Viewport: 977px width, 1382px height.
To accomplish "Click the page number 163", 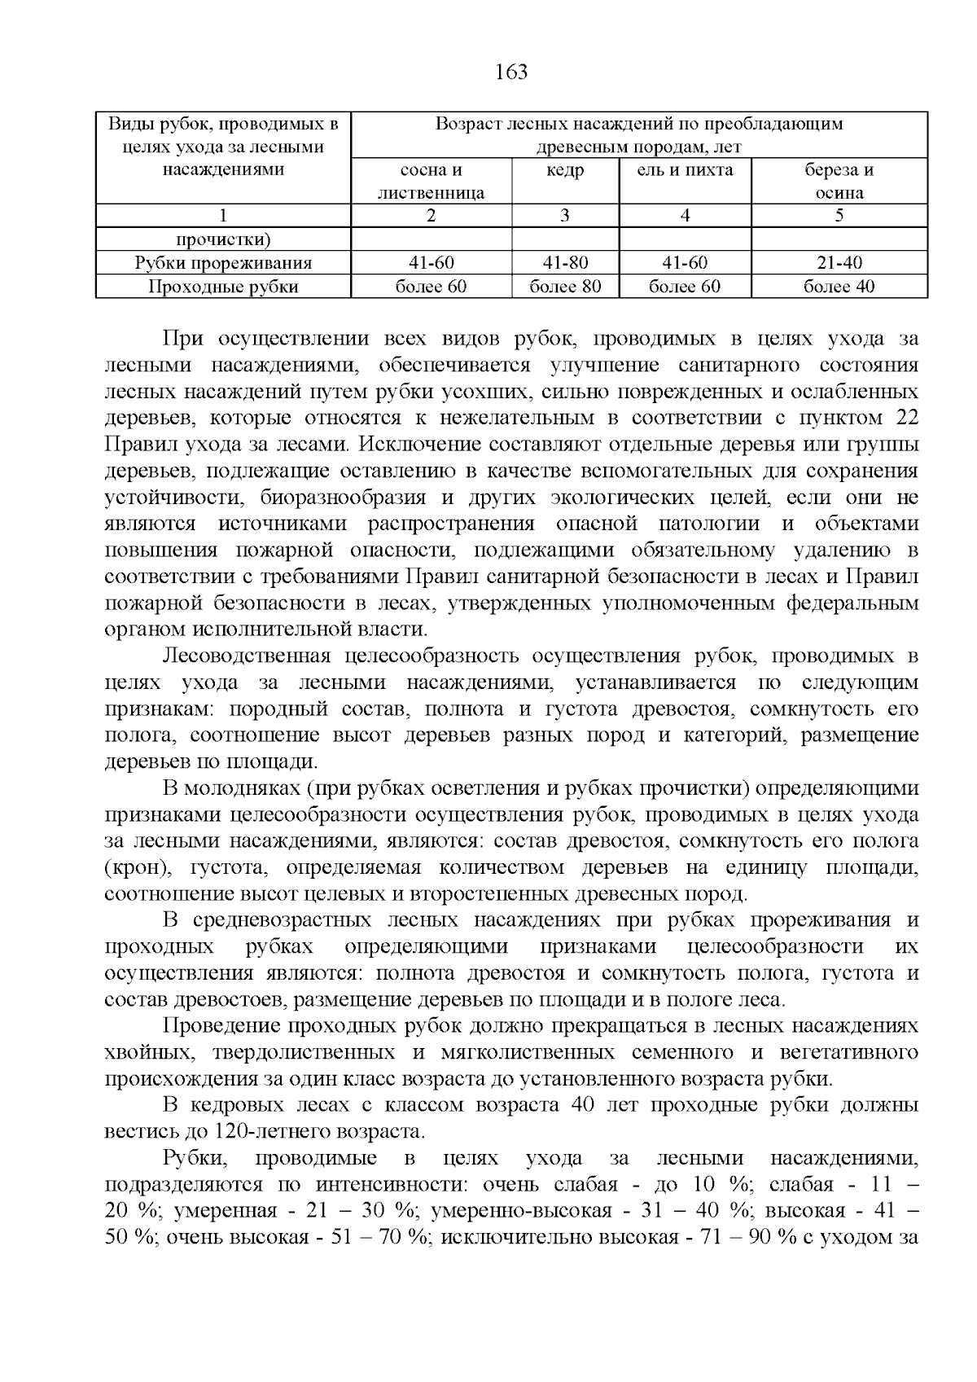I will pos(511,72).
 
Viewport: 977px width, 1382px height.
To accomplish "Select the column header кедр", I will pos(565,170).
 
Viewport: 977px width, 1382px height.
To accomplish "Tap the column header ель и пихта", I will pos(685,170).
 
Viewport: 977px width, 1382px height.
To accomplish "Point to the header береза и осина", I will pos(839,182).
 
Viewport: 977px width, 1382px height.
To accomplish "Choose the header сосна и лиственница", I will pos(431,182).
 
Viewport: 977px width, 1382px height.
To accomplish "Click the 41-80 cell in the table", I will pos(565,263).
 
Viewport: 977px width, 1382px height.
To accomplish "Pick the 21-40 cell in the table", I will pos(839,263).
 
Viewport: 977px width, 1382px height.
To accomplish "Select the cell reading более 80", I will pos(565,287).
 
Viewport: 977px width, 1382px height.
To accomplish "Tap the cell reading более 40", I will pos(839,287).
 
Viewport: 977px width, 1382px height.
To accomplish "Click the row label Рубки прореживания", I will pos(223,263).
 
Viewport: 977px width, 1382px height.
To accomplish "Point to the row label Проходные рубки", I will pos(223,287).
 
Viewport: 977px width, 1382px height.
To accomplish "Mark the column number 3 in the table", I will pos(565,216).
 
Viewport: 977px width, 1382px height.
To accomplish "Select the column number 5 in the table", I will pos(839,216).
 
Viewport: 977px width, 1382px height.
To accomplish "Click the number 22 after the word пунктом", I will pos(907,419).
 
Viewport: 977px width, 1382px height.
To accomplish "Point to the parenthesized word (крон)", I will pos(136,867).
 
